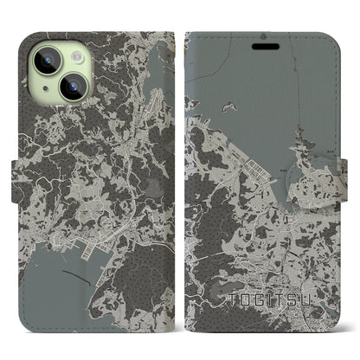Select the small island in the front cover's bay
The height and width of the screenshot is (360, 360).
[229, 106]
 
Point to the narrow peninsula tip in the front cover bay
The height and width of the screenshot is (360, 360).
[299, 132]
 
